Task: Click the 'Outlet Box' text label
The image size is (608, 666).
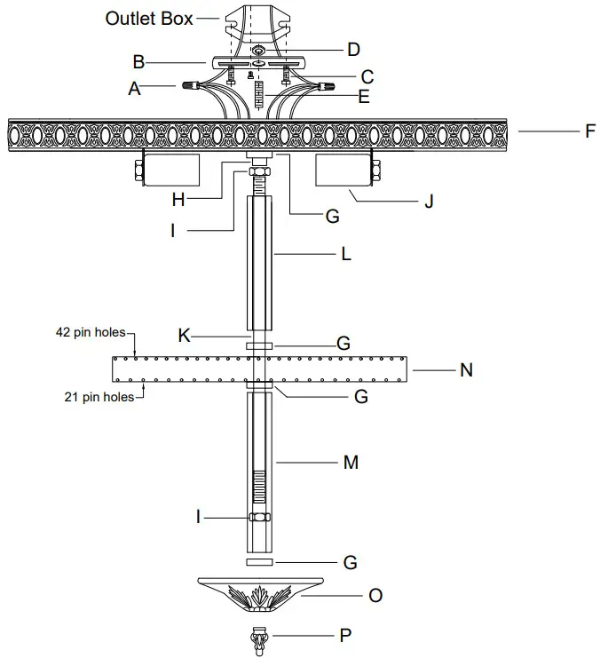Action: click(x=148, y=18)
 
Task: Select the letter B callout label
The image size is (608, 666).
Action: click(x=138, y=62)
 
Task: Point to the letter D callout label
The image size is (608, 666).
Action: click(x=353, y=48)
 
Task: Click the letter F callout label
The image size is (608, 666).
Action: click(x=590, y=131)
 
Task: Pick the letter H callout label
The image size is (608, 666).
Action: click(x=178, y=200)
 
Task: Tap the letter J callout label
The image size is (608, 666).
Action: click(x=429, y=201)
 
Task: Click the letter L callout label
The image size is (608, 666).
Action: click(x=346, y=254)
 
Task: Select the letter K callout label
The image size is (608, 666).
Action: click(x=184, y=336)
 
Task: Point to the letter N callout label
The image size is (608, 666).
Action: click(x=466, y=370)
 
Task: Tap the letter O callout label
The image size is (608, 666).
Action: click(x=375, y=596)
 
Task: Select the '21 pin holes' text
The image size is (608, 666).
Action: click(x=99, y=397)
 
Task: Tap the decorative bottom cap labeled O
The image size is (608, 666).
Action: click(x=259, y=594)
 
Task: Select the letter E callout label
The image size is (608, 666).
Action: click(x=363, y=98)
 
